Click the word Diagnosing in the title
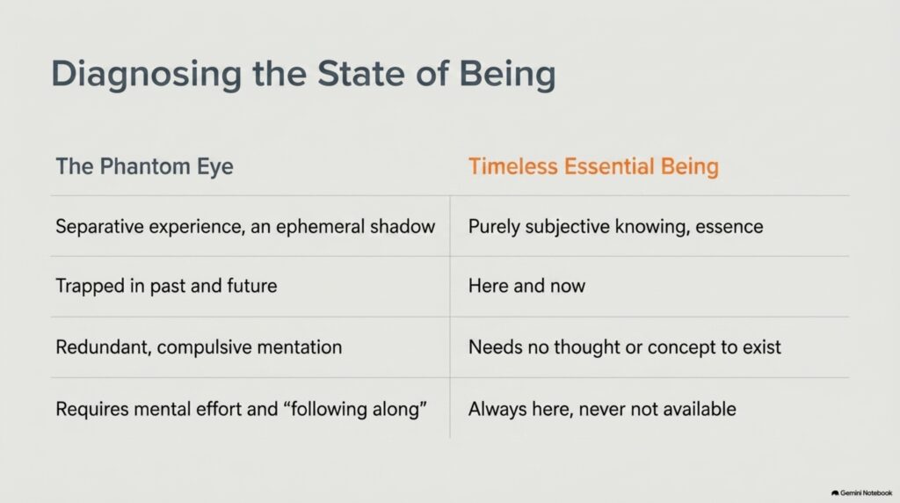pyautogui.click(x=147, y=75)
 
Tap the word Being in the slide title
pyautogui.click(x=507, y=75)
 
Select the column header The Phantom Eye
pyautogui.click(x=145, y=166)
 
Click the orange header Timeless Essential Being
pyautogui.click(x=593, y=166)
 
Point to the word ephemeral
pyautogui.click(x=320, y=227)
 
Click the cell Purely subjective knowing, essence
pyautogui.click(x=616, y=227)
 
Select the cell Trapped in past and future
pyautogui.click(x=166, y=286)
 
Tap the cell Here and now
pyautogui.click(x=527, y=286)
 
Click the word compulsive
pyautogui.click(x=204, y=347)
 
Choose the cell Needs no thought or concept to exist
pyautogui.click(x=625, y=347)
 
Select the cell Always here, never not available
pyautogui.click(x=602, y=410)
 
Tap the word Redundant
pyautogui.click(x=104, y=347)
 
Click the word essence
pyautogui.click(x=729, y=227)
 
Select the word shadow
pyautogui.click(x=403, y=227)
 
